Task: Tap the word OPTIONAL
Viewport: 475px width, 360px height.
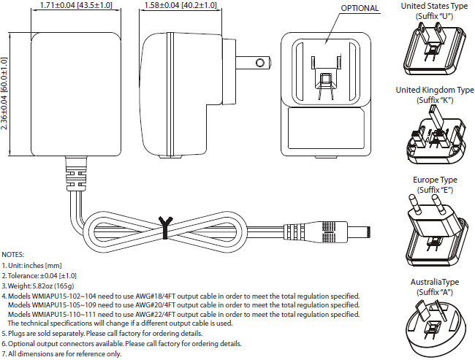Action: (x=360, y=9)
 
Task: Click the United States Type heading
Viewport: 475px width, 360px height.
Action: (x=434, y=6)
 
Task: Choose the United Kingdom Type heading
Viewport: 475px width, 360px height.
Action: (x=434, y=90)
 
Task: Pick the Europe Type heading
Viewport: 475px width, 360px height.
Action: (x=434, y=180)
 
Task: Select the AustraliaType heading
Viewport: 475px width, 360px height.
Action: (x=434, y=281)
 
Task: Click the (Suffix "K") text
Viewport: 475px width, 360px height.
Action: (x=434, y=100)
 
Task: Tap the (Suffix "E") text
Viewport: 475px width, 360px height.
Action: (x=434, y=190)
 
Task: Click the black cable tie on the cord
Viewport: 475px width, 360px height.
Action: (x=166, y=227)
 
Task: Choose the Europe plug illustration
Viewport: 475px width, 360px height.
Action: (x=432, y=230)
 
